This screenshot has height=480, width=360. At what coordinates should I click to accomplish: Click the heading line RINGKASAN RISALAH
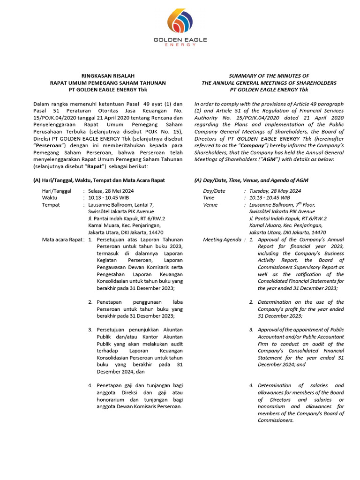click(108, 76)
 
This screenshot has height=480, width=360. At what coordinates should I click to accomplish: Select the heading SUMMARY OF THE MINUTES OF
click(269, 76)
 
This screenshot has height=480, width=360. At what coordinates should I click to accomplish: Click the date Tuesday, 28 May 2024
click(275, 191)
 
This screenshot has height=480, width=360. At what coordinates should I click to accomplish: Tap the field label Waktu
click(50, 198)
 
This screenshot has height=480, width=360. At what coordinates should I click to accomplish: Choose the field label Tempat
click(51, 205)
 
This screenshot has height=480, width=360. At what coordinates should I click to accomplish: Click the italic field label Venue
click(210, 205)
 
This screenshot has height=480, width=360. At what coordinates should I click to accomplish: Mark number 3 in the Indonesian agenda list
click(90, 330)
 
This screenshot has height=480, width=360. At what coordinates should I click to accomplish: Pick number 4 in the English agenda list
click(251, 386)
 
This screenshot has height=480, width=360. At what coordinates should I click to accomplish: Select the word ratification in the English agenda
click(302, 274)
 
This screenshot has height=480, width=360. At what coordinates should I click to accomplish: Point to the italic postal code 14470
click(317, 232)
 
